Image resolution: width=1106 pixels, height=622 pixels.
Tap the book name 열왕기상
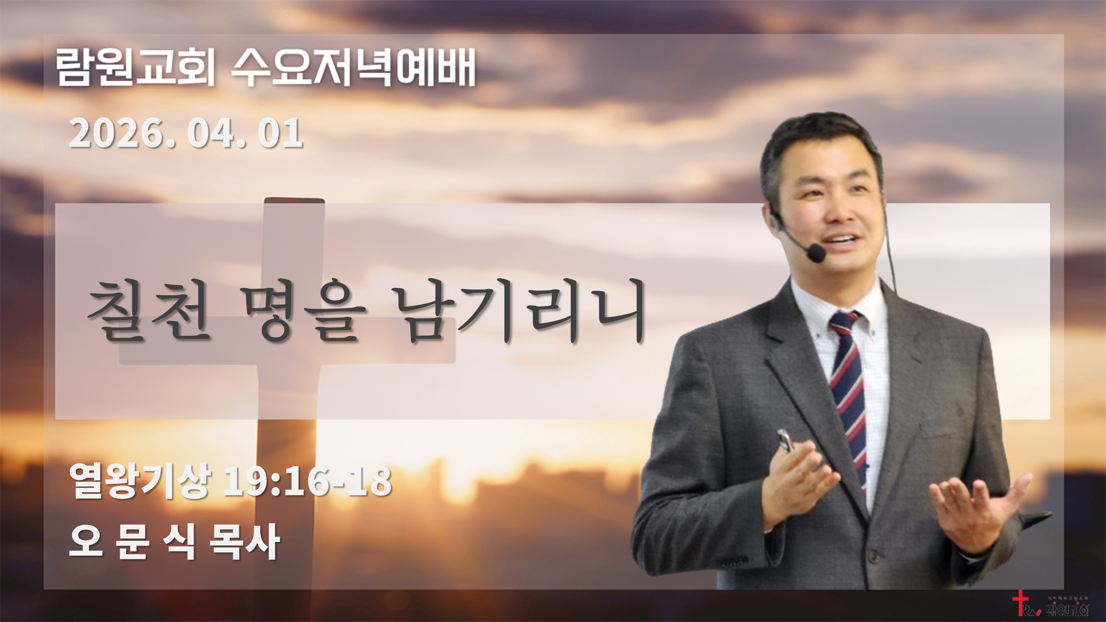click(x=141, y=481)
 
